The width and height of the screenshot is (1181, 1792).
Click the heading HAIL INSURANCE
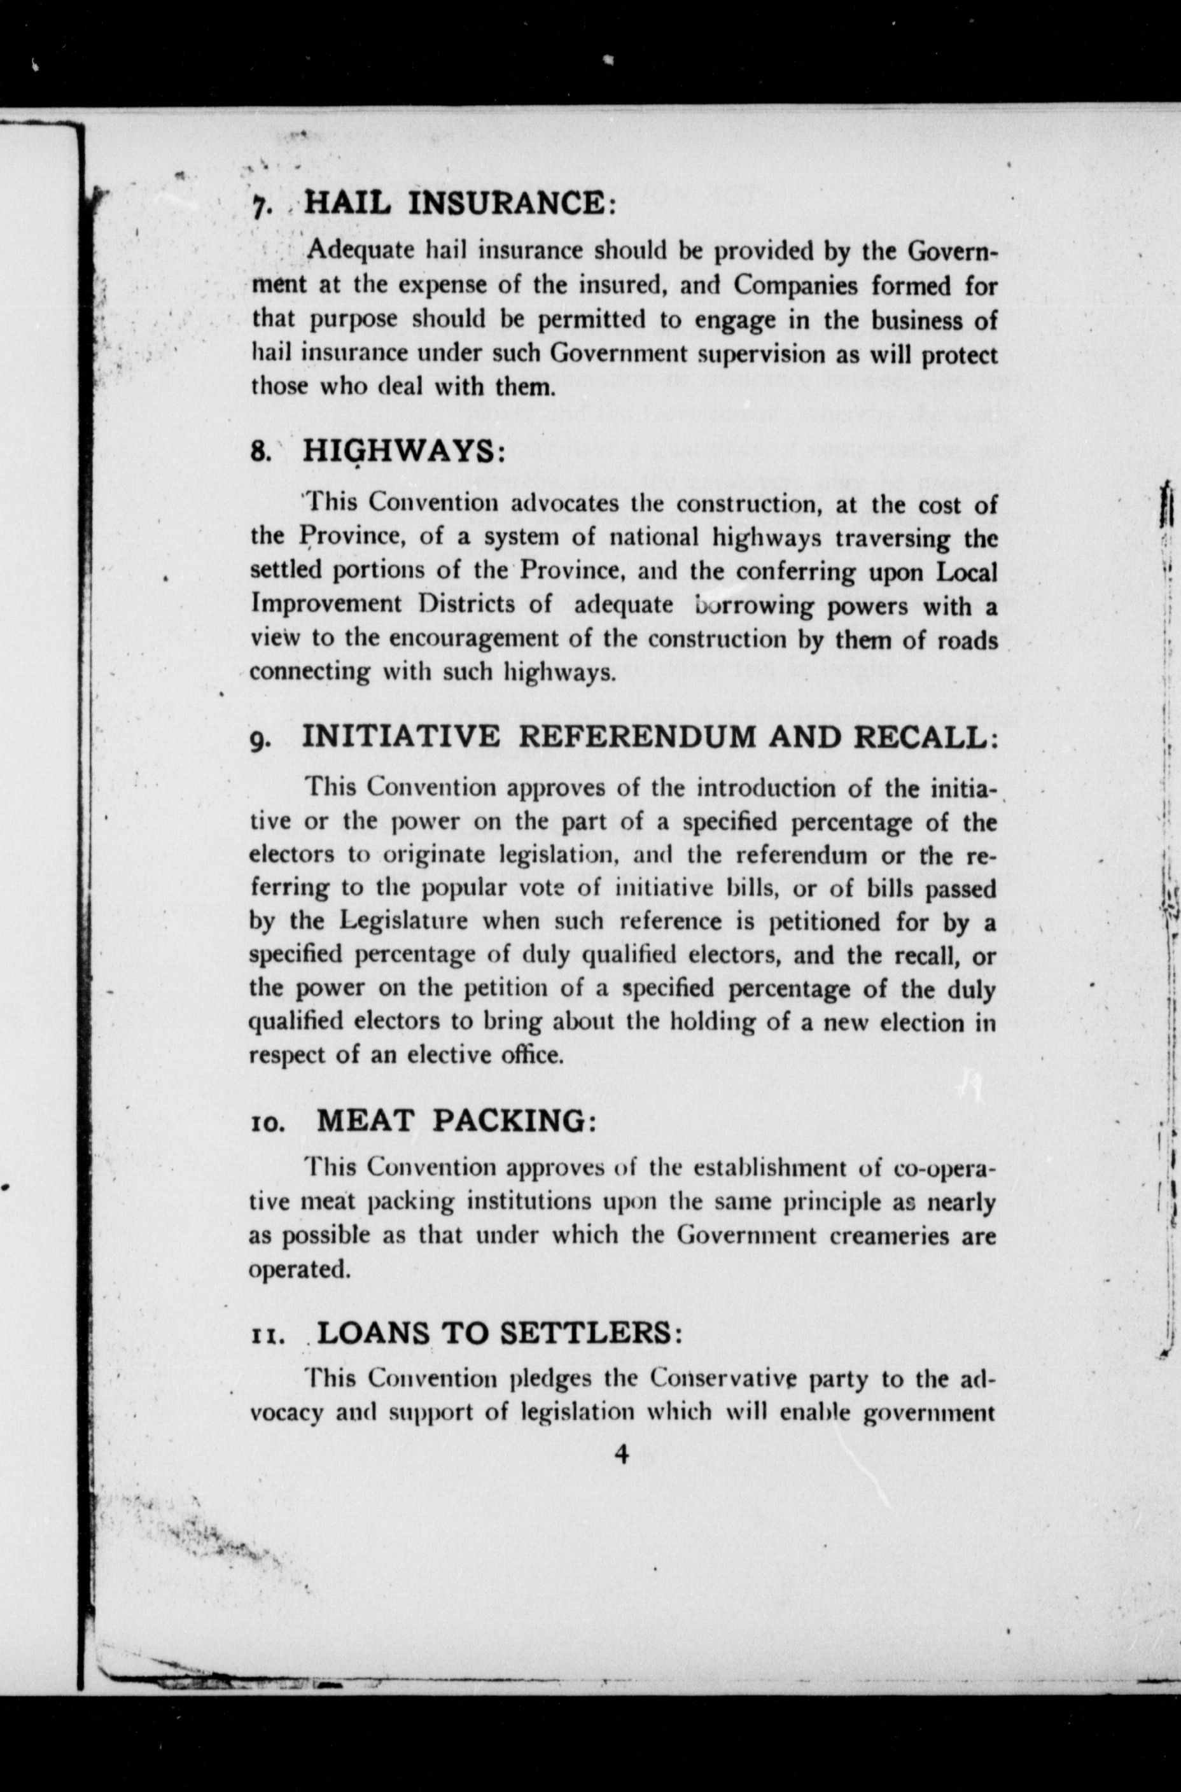click(459, 204)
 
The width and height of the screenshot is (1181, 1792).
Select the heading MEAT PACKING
click(456, 1121)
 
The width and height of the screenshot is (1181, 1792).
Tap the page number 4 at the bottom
click(622, 1455)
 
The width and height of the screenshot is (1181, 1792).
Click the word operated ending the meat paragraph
click(299, 1270)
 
